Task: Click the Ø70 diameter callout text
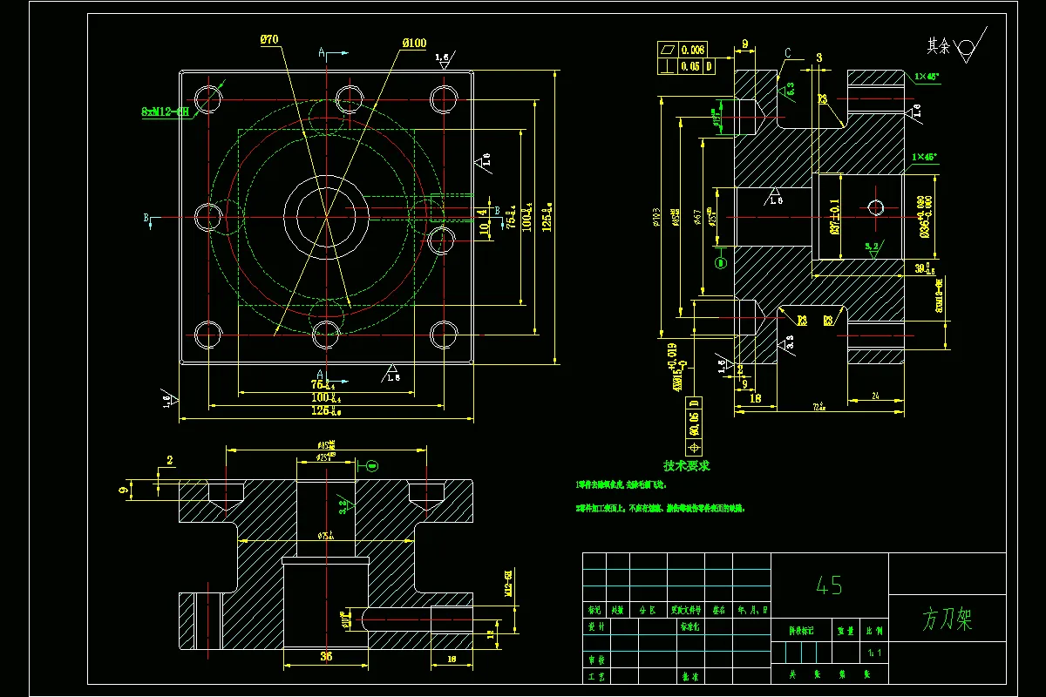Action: click(268, 39)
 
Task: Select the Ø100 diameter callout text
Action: click(414, 43)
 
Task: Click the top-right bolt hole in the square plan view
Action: click(444, 98)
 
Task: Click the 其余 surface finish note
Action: click(938, 44)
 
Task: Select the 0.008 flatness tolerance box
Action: click(694, 50)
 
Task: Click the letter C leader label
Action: click(787, 54)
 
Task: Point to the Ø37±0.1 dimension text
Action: click(835, 217)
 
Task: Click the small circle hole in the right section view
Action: click(876, 206)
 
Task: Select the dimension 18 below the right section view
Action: click(755, 397)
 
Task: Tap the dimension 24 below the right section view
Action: click(875, 396)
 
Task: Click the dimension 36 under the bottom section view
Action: click(325, 655)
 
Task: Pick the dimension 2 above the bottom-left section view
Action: click(170, 460)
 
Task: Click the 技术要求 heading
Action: click(686, 466)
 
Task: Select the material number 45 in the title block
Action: click(828, 585)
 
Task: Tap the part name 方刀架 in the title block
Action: click(947, 619)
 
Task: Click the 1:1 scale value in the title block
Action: click(873, 652)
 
